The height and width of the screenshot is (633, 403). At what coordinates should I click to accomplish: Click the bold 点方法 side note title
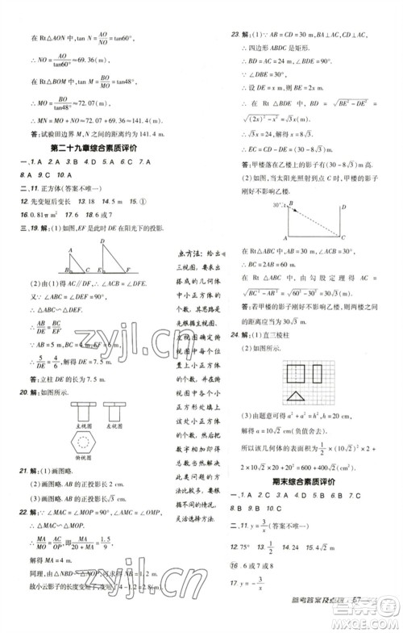(189, 253)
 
